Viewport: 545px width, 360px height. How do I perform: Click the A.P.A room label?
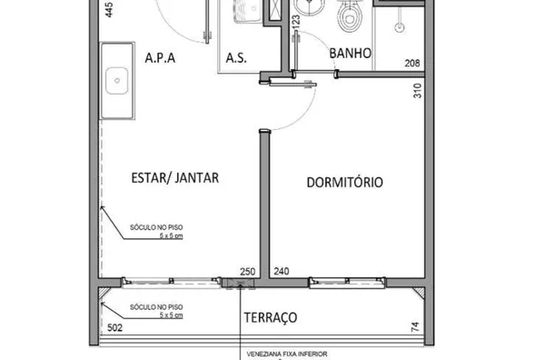coord(159,57)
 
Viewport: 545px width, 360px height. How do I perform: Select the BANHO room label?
coord(351,54)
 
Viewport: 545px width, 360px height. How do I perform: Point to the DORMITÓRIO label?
coord(345,182)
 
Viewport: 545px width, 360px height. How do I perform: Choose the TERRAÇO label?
coord(270,317)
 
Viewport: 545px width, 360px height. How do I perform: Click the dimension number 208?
coord(412,64)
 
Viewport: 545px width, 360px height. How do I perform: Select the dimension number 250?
coord(247,272)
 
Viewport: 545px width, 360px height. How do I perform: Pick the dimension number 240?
coord(281,272)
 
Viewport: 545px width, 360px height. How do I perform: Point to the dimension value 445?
coord(109,11)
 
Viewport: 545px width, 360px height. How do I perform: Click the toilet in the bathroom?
coord(348,17)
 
